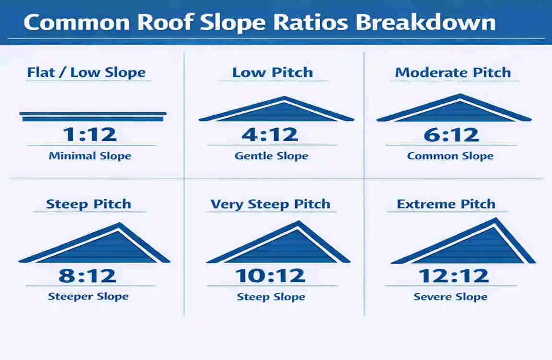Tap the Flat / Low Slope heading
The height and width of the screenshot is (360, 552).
(86, 73)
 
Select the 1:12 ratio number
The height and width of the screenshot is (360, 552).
(90, 135)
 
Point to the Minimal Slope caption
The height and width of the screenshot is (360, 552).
(90, 156)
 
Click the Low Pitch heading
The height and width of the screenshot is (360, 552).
(272, 72)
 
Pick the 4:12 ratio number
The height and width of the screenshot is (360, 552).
(270, 135)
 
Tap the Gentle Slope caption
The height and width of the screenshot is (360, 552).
(271, 156)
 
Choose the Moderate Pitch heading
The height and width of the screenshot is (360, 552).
(453, 72)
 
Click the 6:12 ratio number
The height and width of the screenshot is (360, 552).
(451, 135)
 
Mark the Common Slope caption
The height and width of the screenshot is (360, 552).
(450, 156)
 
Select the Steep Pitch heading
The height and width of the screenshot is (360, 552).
(88, 204)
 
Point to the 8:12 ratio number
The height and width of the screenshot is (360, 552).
(87, 276)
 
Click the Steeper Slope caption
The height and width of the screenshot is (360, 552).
(88, 296)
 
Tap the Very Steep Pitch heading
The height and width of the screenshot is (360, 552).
(270, 204)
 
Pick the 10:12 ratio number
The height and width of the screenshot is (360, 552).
(270, 276)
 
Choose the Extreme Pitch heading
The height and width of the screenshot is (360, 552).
(446, 204)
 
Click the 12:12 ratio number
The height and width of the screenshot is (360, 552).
(454, 276)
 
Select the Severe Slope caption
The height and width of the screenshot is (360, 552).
(450, 297)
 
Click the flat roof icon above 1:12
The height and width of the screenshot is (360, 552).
(93, 116)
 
